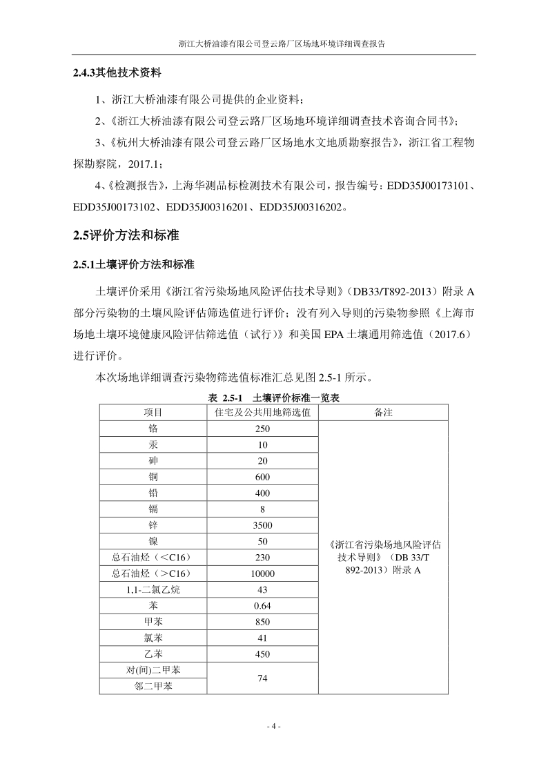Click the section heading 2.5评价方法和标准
point(126,236)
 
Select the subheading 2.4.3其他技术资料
point(117,72)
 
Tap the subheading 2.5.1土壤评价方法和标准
point(134,264)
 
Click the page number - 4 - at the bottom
point(274,726)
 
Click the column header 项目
point(153,412)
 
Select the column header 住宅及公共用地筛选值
point(262,412)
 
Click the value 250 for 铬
point(262,429)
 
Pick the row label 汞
point(153,445)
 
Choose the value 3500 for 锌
point(262,525)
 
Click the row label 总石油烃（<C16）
point(153,557)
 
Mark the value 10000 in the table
point(262,573)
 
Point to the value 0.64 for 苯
point(262,606)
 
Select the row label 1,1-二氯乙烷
point(153,590)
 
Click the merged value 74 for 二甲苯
point(262,678)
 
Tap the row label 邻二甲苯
point(153,687)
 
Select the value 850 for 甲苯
point(262,622)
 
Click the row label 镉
point(153,509)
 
